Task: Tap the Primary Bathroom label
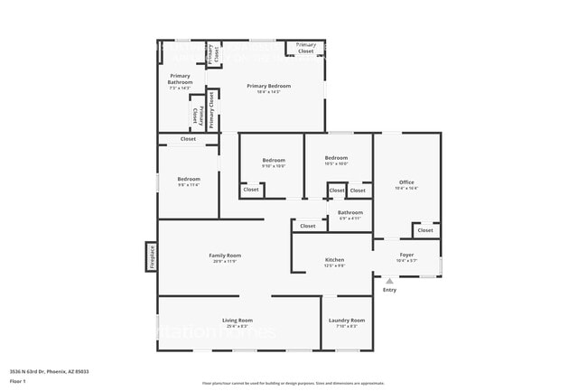tap(181, 79)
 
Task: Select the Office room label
tap(406, 182)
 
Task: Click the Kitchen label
tap(334, 260)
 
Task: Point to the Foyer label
tap(406, 256)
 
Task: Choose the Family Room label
tap(225, 256)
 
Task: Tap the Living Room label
tap(237, 321)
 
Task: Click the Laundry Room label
tap(346, 321)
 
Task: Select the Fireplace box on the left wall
tap(152, 256)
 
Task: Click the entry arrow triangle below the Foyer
tap(389, 281)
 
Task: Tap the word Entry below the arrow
tap(389, 290)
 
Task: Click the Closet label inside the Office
tap(424, 230)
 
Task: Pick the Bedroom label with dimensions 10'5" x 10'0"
tap(336, 158)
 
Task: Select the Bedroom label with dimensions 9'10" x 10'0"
tap(273, 160)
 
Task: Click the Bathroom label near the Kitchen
tap(349, 213)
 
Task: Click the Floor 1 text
tap(18, 381)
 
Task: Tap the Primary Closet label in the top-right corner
tap(306, 48)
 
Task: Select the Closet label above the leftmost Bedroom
tap(188, 139)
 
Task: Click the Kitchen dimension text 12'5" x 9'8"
tap(334, 265)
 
